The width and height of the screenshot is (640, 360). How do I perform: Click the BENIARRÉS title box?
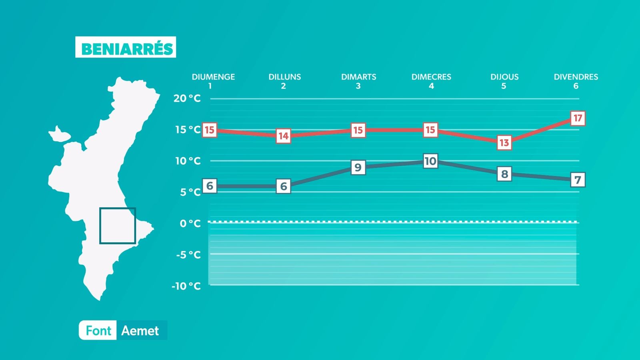126,47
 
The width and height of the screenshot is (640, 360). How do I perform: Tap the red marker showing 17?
578,118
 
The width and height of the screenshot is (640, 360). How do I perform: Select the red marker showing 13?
504,142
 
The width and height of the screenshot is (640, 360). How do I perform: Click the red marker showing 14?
284,136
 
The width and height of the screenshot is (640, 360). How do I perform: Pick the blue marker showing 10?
430,161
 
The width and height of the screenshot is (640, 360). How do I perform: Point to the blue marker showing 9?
358,167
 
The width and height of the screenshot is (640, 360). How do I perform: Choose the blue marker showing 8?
504,174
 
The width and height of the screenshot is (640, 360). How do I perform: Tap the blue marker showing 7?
578,180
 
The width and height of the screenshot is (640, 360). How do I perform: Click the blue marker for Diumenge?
210,186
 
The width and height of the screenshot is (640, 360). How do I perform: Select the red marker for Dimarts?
358,130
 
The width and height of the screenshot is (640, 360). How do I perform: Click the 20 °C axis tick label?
187,98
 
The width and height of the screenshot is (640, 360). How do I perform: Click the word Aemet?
140,331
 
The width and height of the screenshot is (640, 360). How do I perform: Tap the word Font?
98,331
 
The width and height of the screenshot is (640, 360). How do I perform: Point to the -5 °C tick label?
188,254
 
